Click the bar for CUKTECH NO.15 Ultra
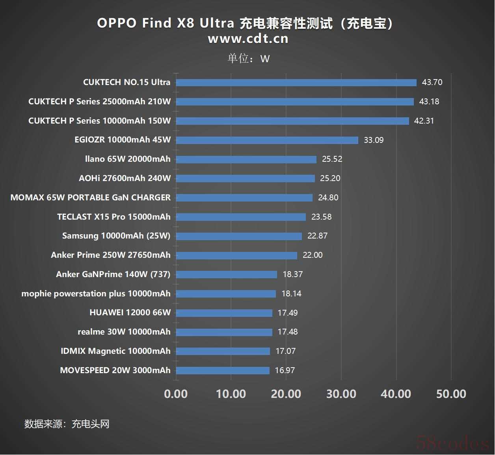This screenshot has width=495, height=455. pos(296,83)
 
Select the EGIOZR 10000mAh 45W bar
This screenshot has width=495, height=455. pos(267,140)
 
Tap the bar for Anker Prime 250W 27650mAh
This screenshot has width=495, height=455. pos(236,255)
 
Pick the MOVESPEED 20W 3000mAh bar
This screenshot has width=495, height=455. pos(223,370)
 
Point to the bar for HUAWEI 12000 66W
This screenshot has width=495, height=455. pos(224,313)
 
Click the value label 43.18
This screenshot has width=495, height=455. pos(429,102)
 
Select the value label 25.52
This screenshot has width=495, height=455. pos(332,159)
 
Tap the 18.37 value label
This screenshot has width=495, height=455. pos(292,274)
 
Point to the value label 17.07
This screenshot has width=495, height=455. pos(285,351)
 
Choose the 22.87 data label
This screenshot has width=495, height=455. pos(317,236)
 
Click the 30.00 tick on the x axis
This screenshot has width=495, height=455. pos(341,394)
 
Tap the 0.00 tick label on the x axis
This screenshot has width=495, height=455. pos(176,394)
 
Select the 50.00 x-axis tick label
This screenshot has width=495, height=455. pos(451,394)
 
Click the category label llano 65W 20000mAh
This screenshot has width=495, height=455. pos(128,159)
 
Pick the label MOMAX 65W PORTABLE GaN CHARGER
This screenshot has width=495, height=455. pos(91,198)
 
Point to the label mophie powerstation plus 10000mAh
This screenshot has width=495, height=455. pos(96,294)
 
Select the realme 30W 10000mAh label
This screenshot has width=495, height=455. pos(124,332)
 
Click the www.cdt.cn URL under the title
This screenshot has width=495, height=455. pos(248,39)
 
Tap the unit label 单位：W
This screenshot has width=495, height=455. pos(248,59)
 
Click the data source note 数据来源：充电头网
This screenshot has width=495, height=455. pos(67,424)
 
